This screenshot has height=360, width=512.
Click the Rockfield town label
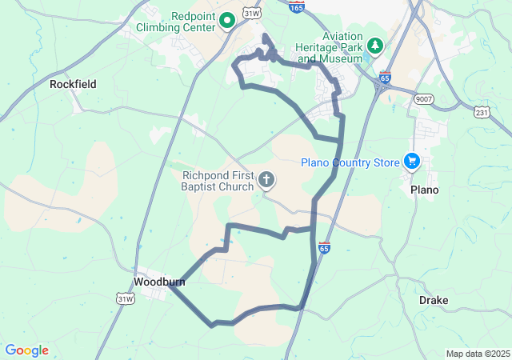pyautogui.click(x=73, y=83)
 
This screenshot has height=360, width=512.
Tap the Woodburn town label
pyautogui.click(x=159, y=282)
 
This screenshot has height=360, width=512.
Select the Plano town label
pyautogui.click(x=425, y=190)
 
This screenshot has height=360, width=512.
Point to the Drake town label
pyautogui.click(x=434, y=300)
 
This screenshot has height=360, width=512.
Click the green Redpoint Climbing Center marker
pyautogui.click(x=226, y=19)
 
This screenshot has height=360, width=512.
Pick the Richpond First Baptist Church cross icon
pyautogui.click(x=266, y=182)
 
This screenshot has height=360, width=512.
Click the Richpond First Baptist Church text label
pyautogui.click(x=218, y=181)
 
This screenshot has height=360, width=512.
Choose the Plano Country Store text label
pyautogui.click(x=350, y=163)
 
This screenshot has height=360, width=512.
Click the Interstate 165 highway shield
pyautogui.click(x=296, y=6)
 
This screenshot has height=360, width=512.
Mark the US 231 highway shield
pyautogui.click(x=482, y=113)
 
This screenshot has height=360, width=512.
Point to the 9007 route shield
pyautogui.click(x=423, y=98)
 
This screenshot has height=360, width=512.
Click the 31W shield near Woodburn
pyautogui.click(x=126, y=298)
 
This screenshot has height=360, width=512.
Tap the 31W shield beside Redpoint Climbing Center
pyautogui.click(x=252, y=14)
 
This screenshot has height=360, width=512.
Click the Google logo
pyautogui.click(x=26, y=350)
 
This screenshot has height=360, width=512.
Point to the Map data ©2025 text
pyautogui.click(x=477, y=354)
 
